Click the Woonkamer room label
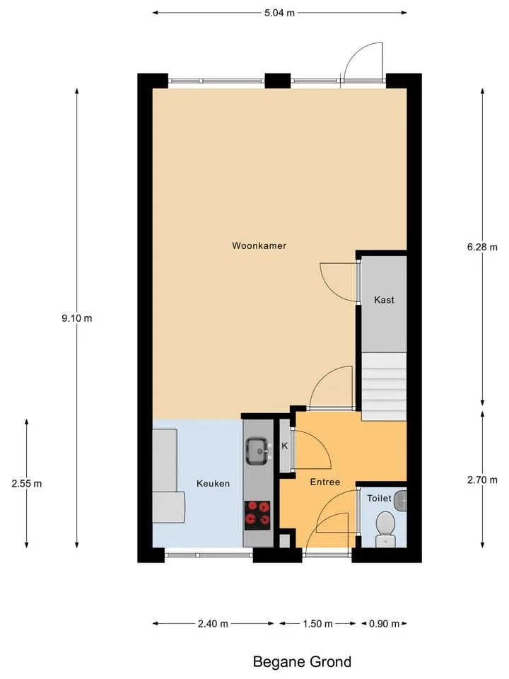tap(259, 245)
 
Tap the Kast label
tap(384, 300)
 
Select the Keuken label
tap(213, 483)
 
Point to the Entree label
tap(325, 482)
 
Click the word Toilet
tap(379, 499)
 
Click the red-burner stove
tap(257, 516)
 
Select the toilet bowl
tap(385, 528)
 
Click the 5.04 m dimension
tap(280, 13)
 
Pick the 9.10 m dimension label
tap(76, 318)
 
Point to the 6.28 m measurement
tap(482, 248)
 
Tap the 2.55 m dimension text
tap(27, 484)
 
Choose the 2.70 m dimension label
tap(482, 480)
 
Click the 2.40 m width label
tap(213, 624)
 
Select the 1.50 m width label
tap(317, 624)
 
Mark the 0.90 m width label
tap(384, 624)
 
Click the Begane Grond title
tap(302, 662)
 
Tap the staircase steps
tap(384, 386)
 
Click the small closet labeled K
tap(285, 446)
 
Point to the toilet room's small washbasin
tap(401, 501)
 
